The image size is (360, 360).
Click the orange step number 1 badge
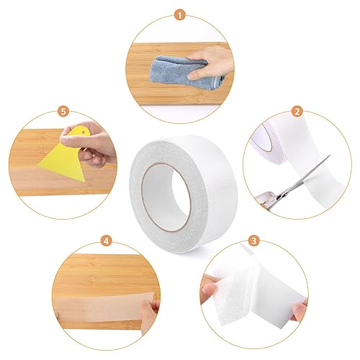point(180,15)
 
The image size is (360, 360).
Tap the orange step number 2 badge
point(297,112)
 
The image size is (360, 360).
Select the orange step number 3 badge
point(254,240)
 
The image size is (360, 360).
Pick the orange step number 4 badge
point(107,241)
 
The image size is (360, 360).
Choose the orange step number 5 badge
point(63,112)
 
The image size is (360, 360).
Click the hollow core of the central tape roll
point(166,197)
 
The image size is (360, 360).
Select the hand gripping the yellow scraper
point(90,143)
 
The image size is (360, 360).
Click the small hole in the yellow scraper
point(84,132)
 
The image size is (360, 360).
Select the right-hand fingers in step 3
point(299,310)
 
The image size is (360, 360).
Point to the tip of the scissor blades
point(330,156)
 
